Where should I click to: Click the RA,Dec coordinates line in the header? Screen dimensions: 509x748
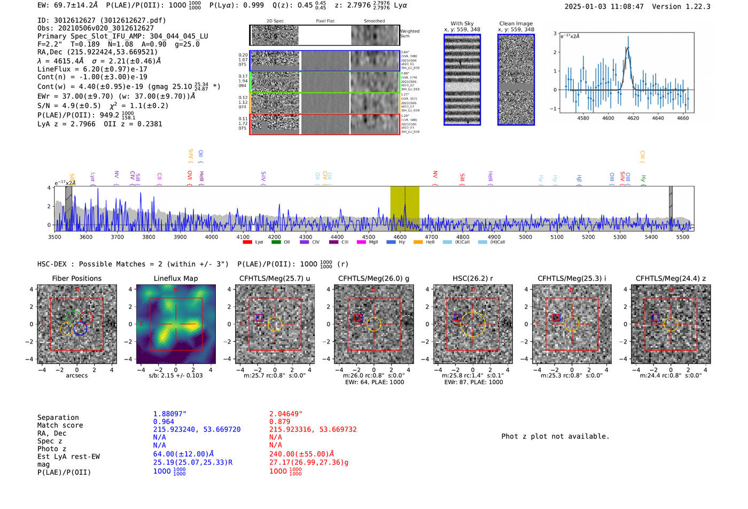97,52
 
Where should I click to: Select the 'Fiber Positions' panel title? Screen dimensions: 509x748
76,278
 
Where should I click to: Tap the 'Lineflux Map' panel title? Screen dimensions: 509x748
175,278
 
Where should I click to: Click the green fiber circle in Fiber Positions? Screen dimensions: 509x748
74,316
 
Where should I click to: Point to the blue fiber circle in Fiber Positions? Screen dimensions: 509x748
80,328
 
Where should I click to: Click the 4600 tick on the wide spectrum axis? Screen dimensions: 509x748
400,237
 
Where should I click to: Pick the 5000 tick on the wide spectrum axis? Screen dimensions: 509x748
526,237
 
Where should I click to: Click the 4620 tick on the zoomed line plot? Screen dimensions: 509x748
633,118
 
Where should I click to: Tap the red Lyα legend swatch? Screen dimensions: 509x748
247,242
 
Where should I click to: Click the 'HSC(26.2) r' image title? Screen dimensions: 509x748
472,278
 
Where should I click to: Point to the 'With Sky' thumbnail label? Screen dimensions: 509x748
462,24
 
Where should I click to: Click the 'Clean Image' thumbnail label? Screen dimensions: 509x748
516,24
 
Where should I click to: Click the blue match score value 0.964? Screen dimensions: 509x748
163,421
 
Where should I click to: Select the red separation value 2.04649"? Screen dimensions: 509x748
285,413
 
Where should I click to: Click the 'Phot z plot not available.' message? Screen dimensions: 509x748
555,436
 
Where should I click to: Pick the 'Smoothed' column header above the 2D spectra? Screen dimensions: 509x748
374,21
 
